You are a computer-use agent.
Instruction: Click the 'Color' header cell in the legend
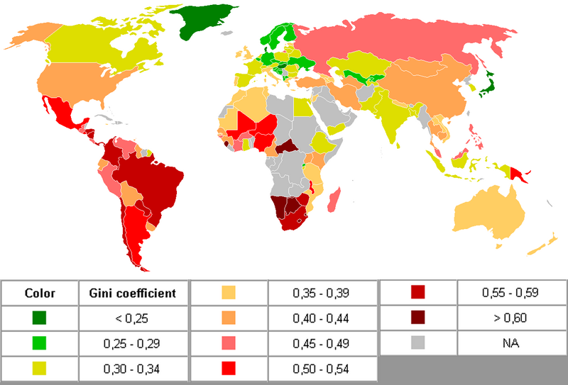point(40,293)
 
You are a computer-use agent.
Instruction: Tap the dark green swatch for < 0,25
point(40,318)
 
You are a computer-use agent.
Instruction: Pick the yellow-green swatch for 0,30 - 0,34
point(40,368)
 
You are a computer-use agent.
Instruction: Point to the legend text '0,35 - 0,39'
point(323,293)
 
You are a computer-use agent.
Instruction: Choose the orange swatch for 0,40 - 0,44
point(229,318)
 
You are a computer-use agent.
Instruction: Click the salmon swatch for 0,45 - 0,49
point(229,343)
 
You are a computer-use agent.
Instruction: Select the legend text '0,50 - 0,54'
point(323,368)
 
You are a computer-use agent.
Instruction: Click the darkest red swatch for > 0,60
point(419,318)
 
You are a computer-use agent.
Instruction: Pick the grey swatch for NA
point(419,343)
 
